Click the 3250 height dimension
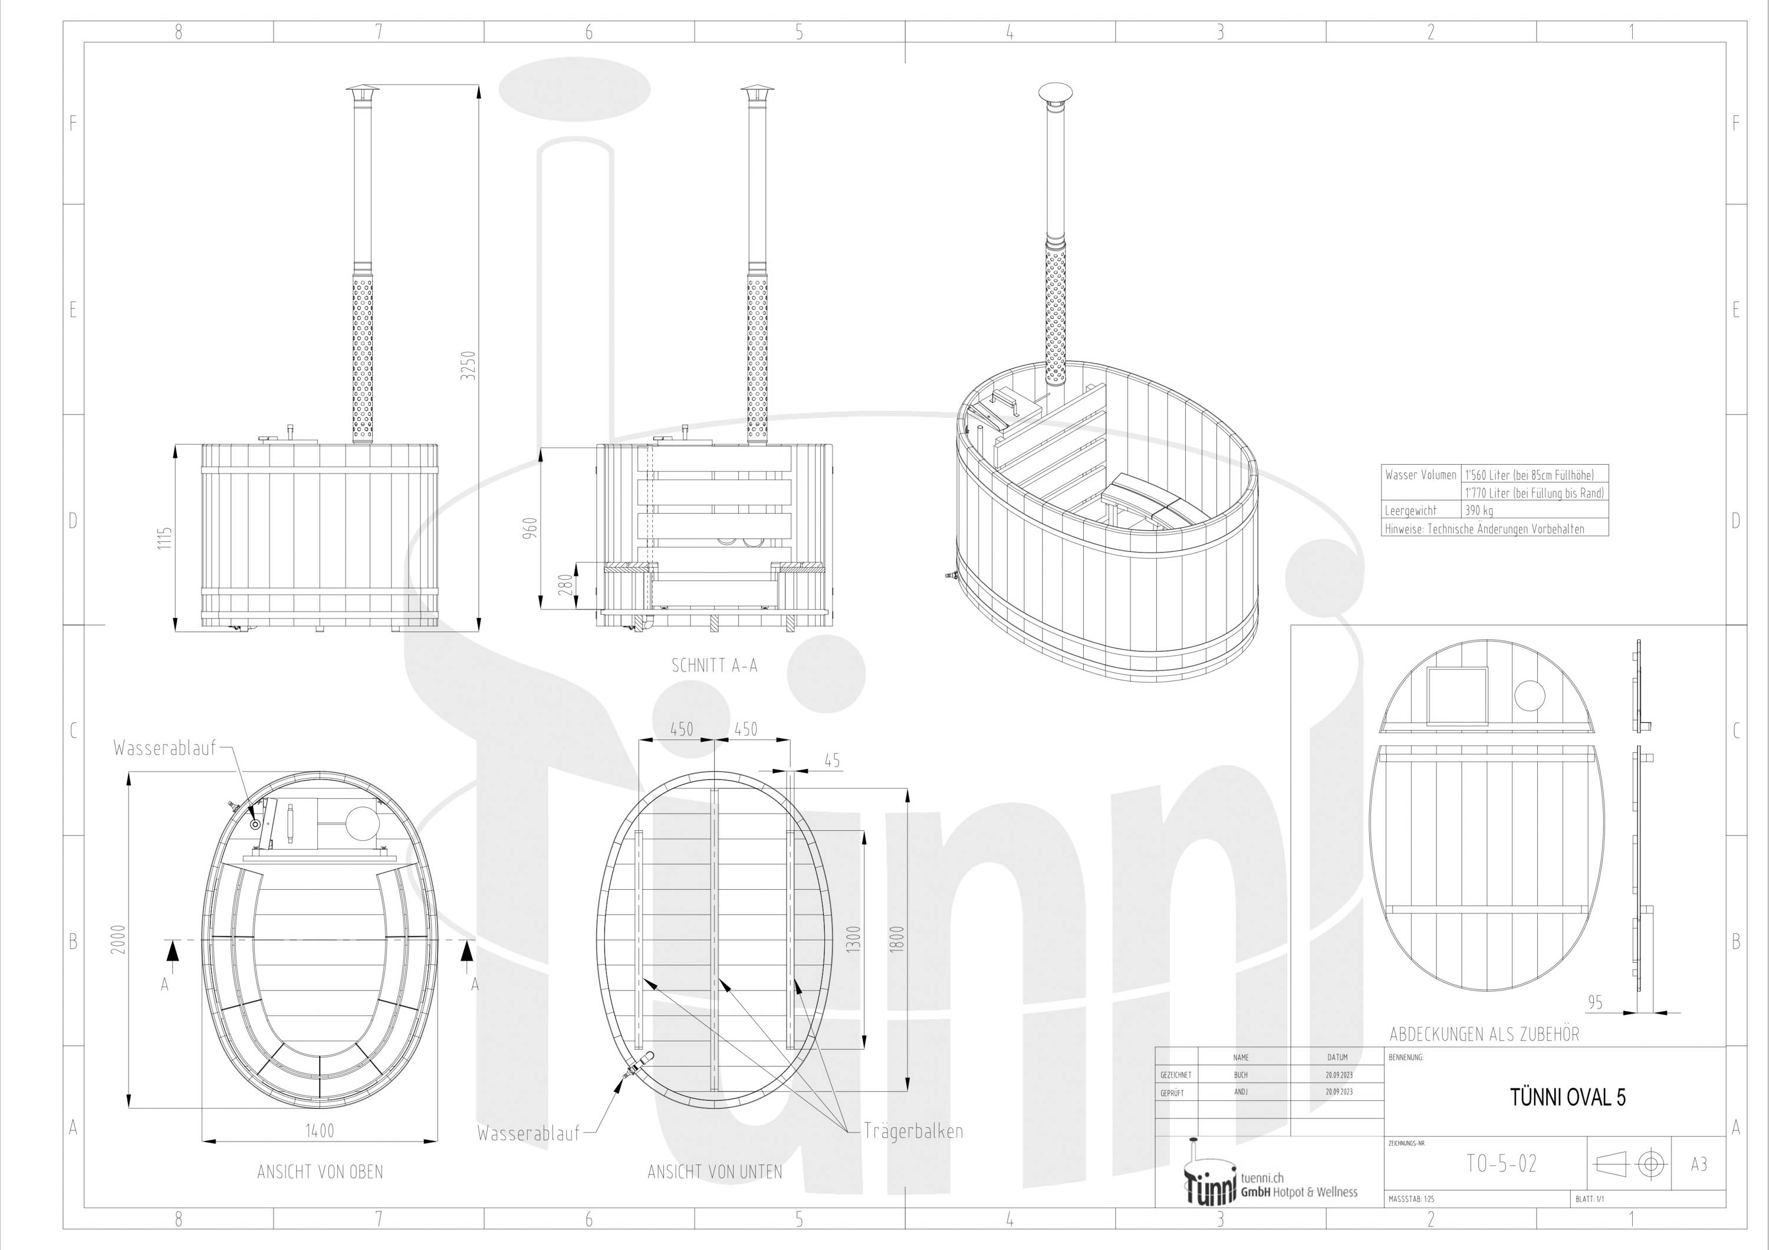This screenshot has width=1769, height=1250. coord(468,365)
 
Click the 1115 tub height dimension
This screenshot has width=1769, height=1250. coord(164,538)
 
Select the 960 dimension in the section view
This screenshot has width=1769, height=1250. coord(530,528)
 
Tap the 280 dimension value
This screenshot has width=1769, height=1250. coord(565,584)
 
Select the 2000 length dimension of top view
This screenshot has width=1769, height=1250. coord(118,940)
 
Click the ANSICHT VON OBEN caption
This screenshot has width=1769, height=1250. coord(320,1172)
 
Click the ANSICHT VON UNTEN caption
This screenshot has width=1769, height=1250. coord(714,1172)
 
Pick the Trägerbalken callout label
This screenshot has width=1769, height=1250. coord(913,1131)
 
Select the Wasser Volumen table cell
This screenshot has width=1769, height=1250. coord(1421,475)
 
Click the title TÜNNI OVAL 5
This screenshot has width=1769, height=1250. coord(1568,1097)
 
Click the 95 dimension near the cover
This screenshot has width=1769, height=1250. coord(1595,1002)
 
